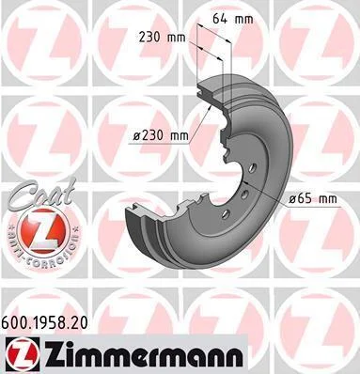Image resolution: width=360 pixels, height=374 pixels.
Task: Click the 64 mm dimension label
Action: [x=233, y=19]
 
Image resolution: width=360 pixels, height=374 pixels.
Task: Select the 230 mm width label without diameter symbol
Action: [x=162, y=38]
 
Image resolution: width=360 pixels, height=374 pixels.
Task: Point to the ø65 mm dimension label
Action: [x=313, y=198]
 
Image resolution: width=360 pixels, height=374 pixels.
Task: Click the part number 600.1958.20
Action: [x=45, y=322]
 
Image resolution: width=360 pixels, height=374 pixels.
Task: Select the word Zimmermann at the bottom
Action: [x=143, y=354]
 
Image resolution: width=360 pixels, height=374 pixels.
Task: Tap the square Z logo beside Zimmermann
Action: [x=23, y=354]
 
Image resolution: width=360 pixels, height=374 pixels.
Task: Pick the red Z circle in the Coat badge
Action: [x=43, y=230]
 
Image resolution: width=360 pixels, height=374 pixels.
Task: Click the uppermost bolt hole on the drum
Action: [x=253, y=168]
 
